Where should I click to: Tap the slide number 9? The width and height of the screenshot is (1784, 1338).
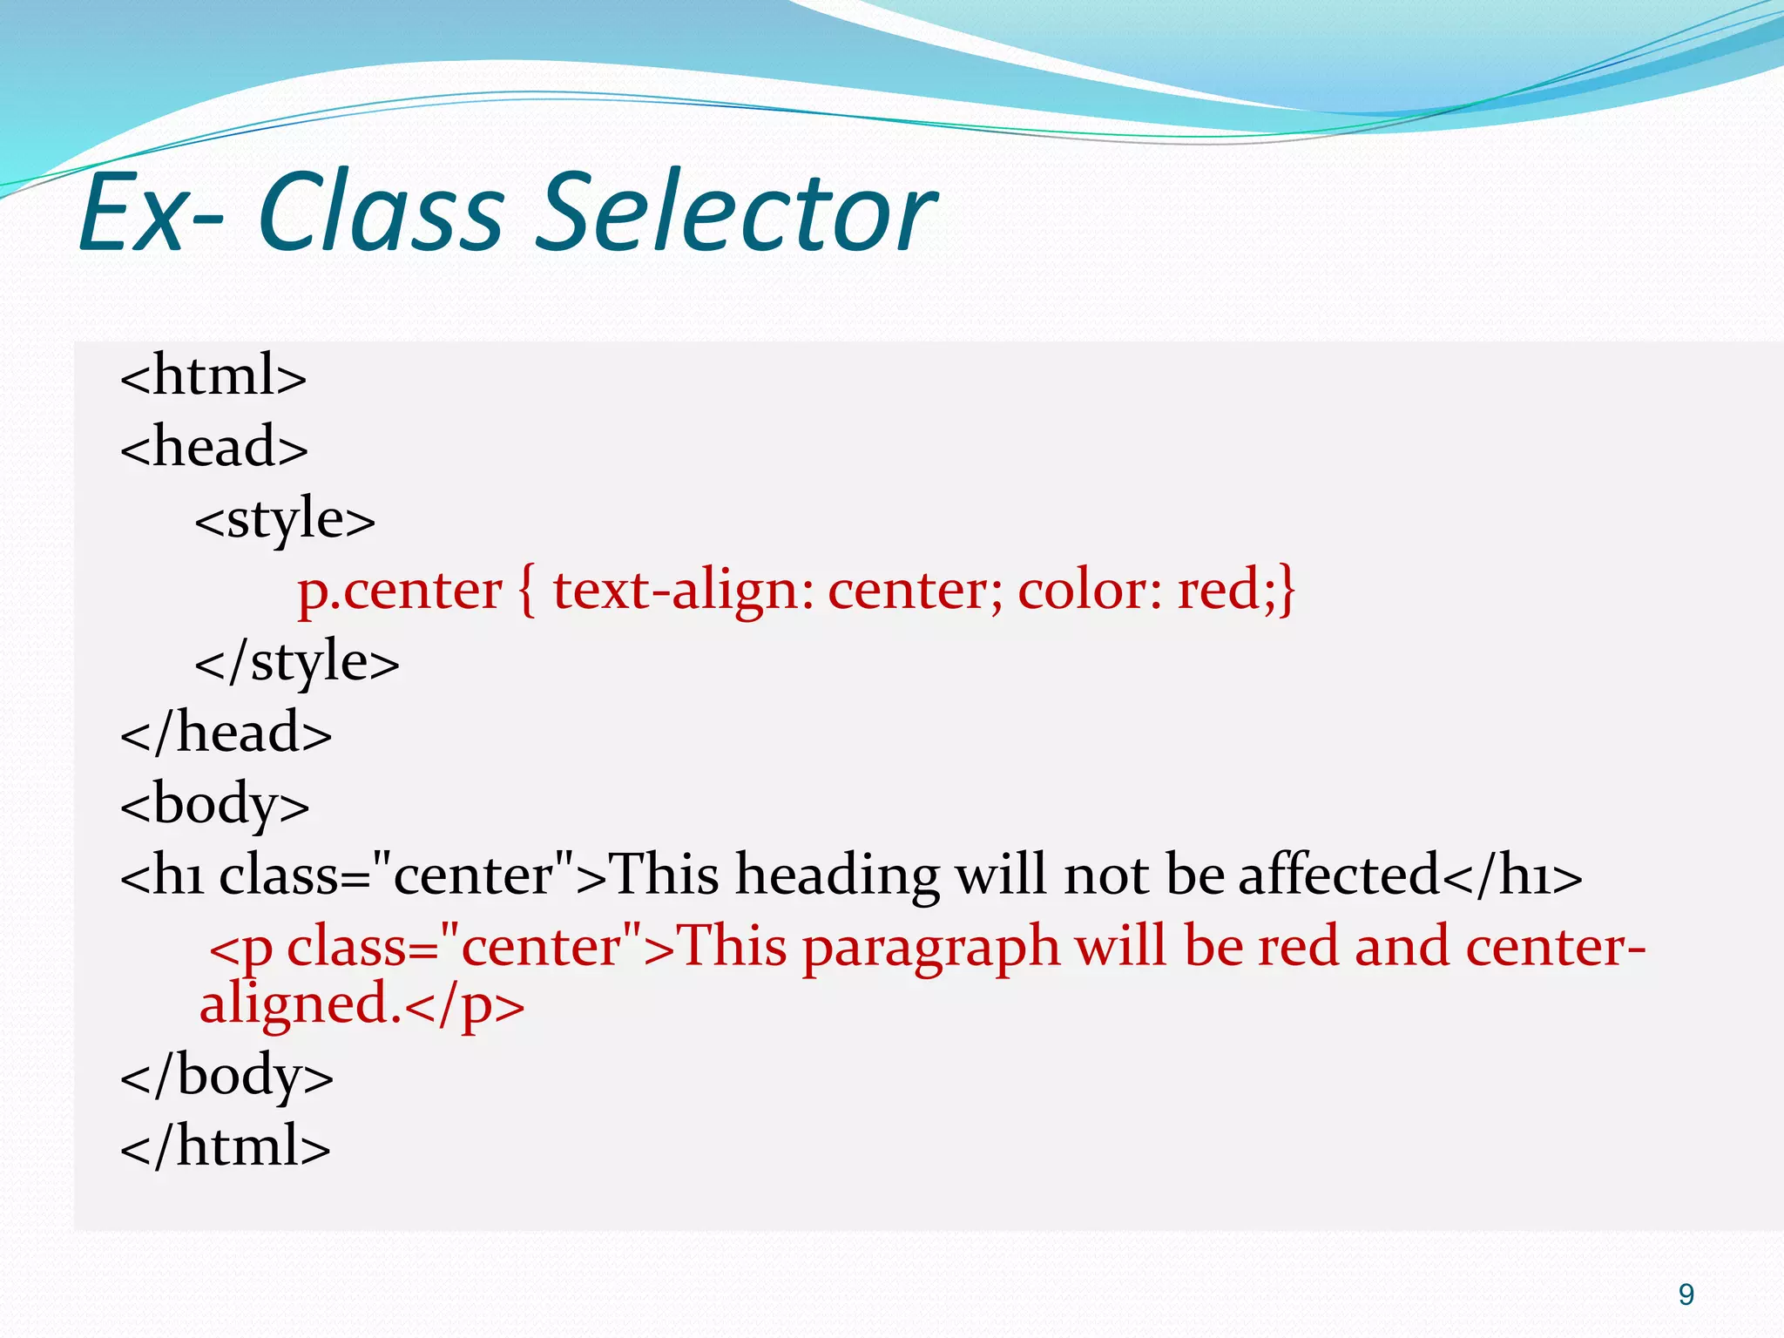1686,1294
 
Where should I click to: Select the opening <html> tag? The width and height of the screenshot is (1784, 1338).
213,376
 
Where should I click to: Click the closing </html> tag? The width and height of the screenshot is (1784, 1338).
226,1147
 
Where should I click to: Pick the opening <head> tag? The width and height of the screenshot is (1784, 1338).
214,448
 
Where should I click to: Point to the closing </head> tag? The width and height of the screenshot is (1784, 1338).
226,733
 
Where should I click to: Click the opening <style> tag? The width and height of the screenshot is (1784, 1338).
285,520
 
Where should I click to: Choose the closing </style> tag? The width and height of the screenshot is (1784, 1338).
297,662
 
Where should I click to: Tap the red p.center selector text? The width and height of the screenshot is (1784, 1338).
400,591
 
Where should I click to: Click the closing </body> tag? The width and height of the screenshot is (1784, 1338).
226,1076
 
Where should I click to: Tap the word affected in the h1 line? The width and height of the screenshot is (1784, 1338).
1339,875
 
